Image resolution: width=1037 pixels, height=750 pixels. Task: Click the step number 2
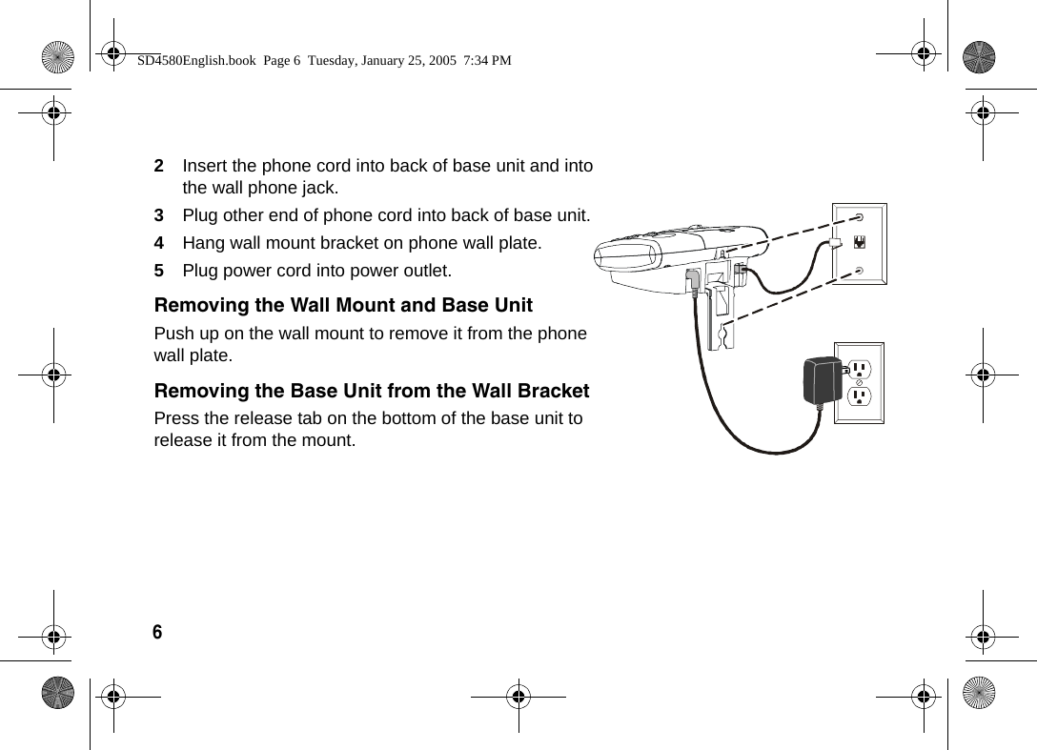tap(159, 166)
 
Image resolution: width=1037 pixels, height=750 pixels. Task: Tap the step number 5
tap(159, 271)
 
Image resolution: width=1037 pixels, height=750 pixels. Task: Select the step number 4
tap(159, 243)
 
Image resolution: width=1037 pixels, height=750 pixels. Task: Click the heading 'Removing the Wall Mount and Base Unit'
tap(343, 306)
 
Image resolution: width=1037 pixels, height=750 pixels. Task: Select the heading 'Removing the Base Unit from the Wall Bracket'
tap(372, 392)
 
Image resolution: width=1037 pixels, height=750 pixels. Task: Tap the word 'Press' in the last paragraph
tap(176, 418)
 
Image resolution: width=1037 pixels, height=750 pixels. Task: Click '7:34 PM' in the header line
tap(486, 60)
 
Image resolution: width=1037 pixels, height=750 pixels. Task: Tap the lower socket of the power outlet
tap(859, 395)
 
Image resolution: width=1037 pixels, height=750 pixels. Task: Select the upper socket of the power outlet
tap(859, 368)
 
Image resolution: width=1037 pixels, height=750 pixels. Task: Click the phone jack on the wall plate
tap(861, 243)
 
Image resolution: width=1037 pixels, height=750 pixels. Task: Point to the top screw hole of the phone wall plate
tap(860, 217)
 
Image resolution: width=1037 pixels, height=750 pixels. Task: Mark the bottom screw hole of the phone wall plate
tap(860, 271)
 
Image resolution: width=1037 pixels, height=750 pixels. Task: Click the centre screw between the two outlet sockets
tap(859, 381)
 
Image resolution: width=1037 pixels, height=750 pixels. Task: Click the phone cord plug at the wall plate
tap(834, 244)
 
